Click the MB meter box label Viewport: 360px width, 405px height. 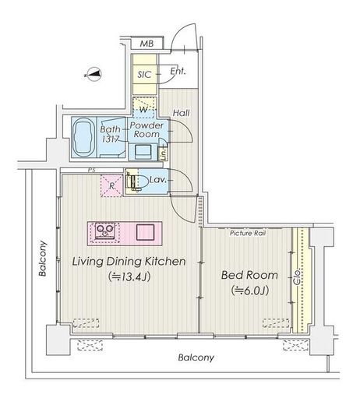(x=146, y=44)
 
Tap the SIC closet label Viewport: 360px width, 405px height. (x=144, y=75)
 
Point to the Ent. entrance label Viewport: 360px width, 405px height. (x=178, y=71)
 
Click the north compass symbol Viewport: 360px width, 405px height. (x=93, y=74)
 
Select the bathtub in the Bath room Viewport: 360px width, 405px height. (x=83, y=138)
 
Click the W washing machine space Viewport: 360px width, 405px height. (x=144, y=107)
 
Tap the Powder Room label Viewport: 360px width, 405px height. (x=146, y=130)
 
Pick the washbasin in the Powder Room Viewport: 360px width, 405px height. (x=143, y=152)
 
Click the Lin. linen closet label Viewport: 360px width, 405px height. (x=164, y=154)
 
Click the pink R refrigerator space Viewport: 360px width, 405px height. (x=111, y=185)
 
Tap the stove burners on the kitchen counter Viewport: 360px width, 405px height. (x=104, y=230)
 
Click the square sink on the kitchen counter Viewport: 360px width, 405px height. (x=146, y=232)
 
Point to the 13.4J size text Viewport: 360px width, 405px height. (x=129, y=276)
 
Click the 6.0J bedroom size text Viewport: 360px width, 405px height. (x=250, y=291)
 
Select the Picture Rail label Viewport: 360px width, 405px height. (x=248, y=233)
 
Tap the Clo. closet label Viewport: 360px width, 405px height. (x=297, y=276)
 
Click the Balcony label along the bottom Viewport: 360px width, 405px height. (x=196, y=357)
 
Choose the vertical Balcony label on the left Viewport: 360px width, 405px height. (x=42, y=259)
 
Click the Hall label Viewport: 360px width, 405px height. (x=182, y=113)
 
